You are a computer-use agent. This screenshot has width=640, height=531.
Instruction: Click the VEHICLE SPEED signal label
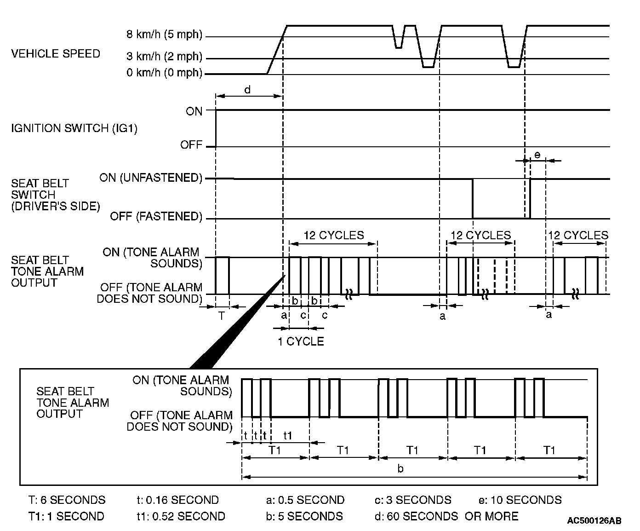(55, 54)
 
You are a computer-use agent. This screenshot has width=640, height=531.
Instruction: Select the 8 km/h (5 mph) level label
(164, 35)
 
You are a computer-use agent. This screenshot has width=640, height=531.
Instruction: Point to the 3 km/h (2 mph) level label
(164, 57)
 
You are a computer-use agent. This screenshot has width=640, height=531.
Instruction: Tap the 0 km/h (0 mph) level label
(164, 73)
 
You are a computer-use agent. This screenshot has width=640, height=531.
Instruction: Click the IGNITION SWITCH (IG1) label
(74, 128)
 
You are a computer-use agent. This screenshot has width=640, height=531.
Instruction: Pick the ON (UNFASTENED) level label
(151, 178)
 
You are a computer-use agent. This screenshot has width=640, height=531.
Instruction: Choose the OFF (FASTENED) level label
(156, 216)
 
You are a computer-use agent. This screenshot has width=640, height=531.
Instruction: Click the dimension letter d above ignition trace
(247, 90)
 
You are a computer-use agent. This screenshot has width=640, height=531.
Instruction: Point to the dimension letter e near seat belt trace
(537, 155)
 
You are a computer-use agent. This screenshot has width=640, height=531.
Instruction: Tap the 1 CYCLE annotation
(301, 341)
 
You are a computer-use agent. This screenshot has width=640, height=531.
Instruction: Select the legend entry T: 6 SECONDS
(67, 500)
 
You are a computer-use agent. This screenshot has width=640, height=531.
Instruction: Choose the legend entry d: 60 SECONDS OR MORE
(446, 516)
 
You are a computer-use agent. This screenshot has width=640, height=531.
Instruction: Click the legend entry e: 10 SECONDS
(520, 500)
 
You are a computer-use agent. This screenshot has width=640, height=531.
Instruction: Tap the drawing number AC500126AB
(594, 521)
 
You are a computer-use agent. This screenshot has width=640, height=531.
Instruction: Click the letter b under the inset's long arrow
(400, 469)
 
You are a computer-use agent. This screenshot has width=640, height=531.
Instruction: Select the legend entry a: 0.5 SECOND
(305, 500)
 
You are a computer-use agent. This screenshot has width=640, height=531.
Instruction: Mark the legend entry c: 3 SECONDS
(412, 500)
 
